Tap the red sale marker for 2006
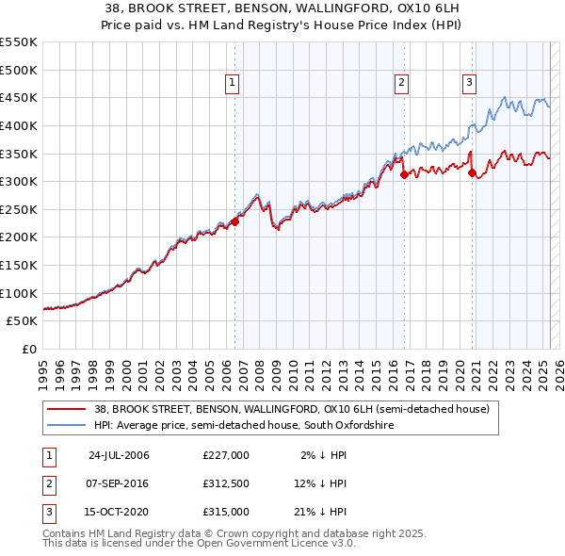(234, 221)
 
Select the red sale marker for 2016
(403, 174)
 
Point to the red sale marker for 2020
(472, 172)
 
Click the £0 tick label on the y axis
(29, 349)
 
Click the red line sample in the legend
(67, 410)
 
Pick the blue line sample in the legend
(67, 426)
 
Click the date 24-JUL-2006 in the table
(119, 455)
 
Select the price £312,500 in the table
(226, 483)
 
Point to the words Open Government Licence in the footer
(268, 545)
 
